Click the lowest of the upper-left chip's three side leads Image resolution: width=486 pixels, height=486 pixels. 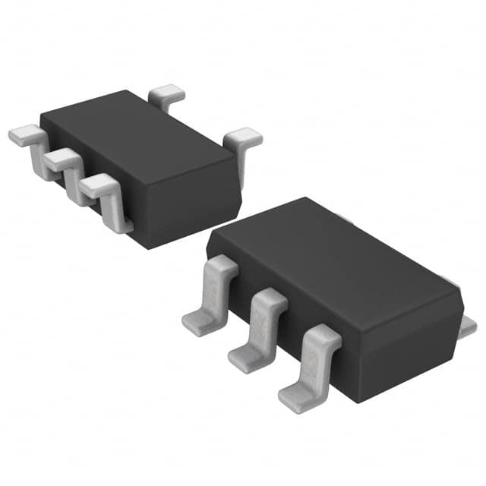point(106,197)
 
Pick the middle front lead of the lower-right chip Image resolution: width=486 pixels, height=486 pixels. point(262,327)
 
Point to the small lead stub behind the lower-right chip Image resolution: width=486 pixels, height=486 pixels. point(469,327)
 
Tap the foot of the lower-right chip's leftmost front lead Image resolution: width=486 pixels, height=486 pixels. point(199,323)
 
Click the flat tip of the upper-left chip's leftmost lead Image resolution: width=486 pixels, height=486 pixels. point(23,136)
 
